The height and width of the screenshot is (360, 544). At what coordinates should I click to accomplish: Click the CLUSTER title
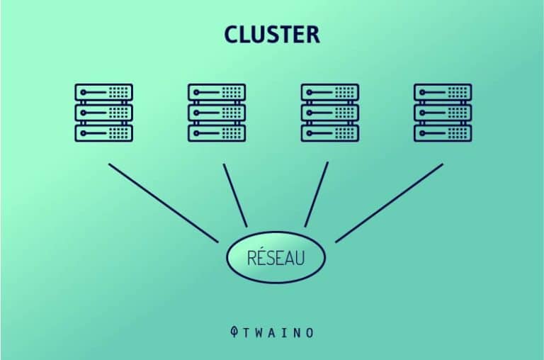pyautogui.click(x=272, y=34)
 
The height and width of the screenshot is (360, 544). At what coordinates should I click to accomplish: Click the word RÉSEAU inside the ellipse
pyautogui.click(x=276, y=257)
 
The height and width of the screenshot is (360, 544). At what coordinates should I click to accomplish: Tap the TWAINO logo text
pyautogui.click(x=278, y=332)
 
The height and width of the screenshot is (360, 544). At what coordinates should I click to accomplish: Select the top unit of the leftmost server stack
pyautogui.click(x=103, y=92)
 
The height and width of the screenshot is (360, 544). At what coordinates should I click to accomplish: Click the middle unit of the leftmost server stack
pyautogui.click(x=103, y=113)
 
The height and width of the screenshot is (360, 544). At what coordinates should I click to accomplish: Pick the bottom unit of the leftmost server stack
pyautogui.click(x=103, y=133)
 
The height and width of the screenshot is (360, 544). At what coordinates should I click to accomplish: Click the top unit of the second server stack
pyautogui.click(x=217, y=92)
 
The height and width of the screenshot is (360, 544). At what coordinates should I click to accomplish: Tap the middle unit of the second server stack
pyautogui.click(x=217, y=113)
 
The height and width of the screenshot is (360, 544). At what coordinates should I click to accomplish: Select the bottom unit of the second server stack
pyautogui.click(x=217, y=133)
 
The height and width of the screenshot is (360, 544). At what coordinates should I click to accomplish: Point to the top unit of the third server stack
pyautogui.click(x=330, y=92)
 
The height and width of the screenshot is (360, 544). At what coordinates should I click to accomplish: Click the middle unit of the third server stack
pyautogui.click(x=330, y=113)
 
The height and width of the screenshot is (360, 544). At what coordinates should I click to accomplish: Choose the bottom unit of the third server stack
pyautogui.click(x=330, y=133)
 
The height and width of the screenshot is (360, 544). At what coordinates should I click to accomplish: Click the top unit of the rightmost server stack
pyautogui.click(x=443, y=92)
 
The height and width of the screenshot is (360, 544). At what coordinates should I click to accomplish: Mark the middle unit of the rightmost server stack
pyautogui.click(x=443, y=113)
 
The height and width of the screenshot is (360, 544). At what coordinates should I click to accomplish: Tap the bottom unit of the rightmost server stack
pyautogui.click(x=443, y=133)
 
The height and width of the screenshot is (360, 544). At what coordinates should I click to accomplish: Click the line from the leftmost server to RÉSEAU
pyautogui.click(x=164, y=203)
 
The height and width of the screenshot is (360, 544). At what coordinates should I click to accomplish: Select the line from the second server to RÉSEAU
pyautogui.click(x=235, y=196)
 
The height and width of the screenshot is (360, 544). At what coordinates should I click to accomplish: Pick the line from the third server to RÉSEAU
pyautogui.click(x=317, y=194)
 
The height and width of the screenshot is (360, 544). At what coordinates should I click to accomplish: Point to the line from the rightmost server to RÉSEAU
pyautogui.click(x=390, y=203)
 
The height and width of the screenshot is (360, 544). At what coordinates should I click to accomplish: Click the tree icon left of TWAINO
pyautogui.click(x=234, y=332)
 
